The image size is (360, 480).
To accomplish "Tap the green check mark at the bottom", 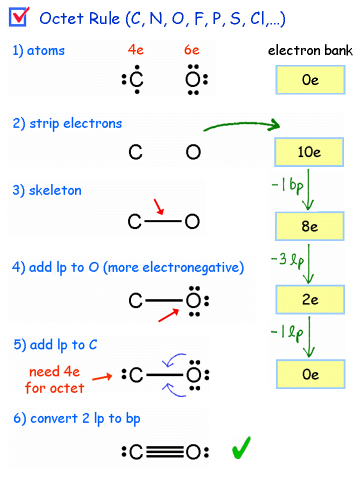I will click(x=241, y=448).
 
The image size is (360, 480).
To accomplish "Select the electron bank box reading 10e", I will click(x=309, y=152).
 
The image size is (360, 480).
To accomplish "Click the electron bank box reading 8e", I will click(x=309, y=226).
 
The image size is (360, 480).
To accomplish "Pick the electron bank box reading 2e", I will click(x=310, y=300).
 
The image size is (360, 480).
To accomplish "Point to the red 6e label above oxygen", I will click(x=191, y=50).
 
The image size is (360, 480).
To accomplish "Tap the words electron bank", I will click(x=310, y=50).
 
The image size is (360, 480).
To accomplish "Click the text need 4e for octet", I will click(x=54, y=380).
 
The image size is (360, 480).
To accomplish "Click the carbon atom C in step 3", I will click(x=135, y=221).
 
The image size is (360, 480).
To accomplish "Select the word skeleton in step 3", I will click(x=55, y=190).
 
